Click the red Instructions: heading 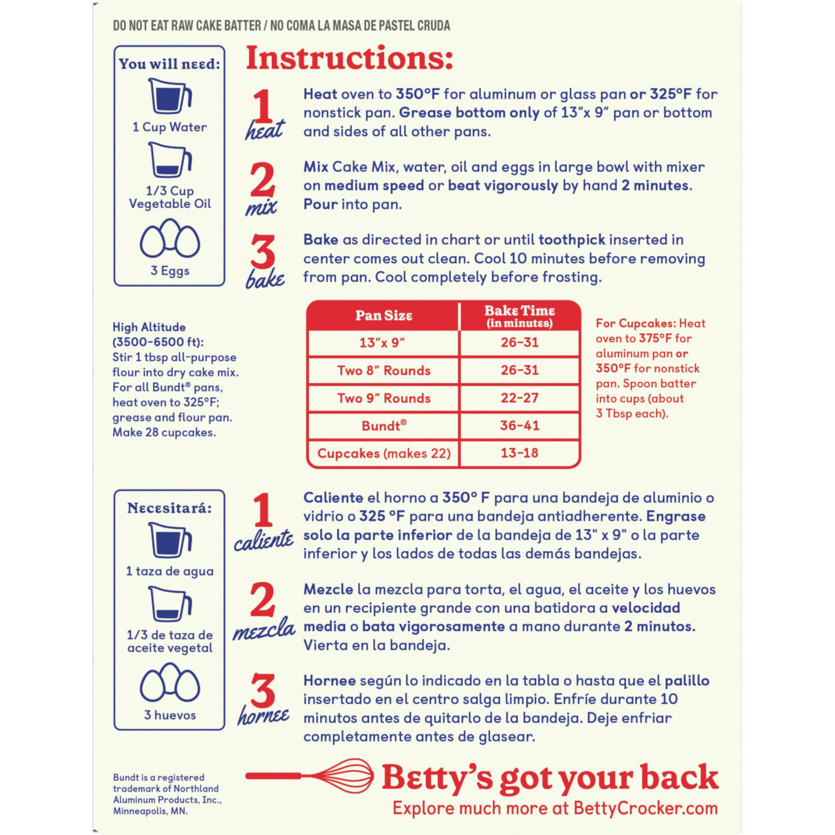click(350, 58)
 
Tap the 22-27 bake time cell click(519, 398)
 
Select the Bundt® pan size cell click(384, 426)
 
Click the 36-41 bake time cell click(519, 426)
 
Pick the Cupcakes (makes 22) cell click(384, 453)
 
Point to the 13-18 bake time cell click(519, 453)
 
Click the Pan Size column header click(384, 316)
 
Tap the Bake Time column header click(519, 316)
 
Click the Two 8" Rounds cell click(384, 371)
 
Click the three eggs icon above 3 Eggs click(170, 239)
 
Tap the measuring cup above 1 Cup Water click(170, 97)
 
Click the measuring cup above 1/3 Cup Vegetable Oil click(170, 160)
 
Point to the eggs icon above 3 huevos click(170, 684)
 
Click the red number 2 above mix click(262, 180)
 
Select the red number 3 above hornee click(262, 690)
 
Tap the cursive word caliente click(263, 540)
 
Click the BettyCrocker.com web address click(645, 808)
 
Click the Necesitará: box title click(169, 508)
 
